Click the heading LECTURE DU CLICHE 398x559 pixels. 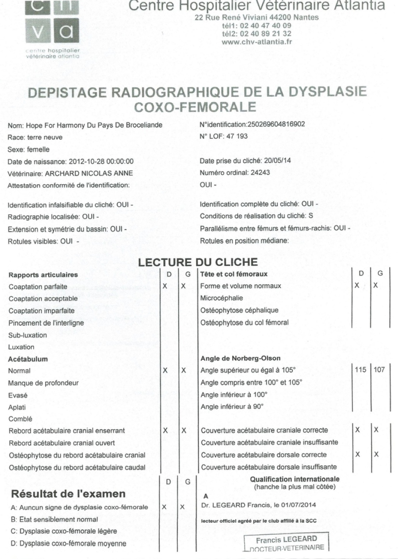(x=198, y=262)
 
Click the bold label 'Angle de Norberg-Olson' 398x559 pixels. (x=241, y=358)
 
